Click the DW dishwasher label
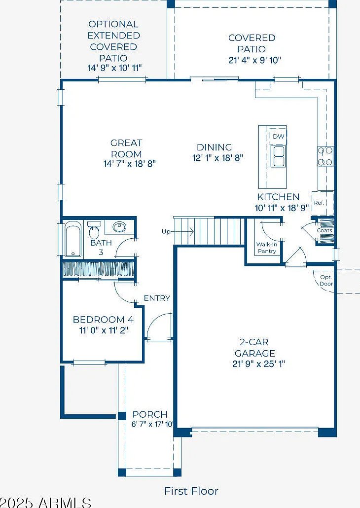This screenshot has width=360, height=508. pos(278,137)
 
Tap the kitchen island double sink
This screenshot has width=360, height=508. pos(278,156)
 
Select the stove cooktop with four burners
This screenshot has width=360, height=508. pos(325,156)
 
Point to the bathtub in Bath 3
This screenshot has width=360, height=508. pos(73,239)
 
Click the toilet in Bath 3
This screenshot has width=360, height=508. pos(94,230)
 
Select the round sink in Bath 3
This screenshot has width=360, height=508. pos(119,227)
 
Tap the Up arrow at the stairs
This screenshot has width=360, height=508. pos(178,232)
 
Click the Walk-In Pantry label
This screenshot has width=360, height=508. pos(267,248)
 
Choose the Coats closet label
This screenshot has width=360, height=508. pos(324,230)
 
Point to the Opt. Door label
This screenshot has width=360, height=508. pos(326,281)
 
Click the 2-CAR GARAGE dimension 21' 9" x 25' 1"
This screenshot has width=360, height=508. pos(258,364)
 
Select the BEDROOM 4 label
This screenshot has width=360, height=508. pos(103,320)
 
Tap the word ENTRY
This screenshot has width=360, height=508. pos(157,298)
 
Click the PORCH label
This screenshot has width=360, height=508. pos(150,414)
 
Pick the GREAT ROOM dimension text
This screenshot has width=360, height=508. pos(130,164)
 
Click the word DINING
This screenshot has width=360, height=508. pos(214,147)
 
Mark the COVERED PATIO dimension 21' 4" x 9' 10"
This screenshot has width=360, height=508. pos(254,60)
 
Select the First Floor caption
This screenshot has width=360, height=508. pos(191,491)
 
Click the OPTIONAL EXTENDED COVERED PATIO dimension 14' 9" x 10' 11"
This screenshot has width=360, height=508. pos(115,68)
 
